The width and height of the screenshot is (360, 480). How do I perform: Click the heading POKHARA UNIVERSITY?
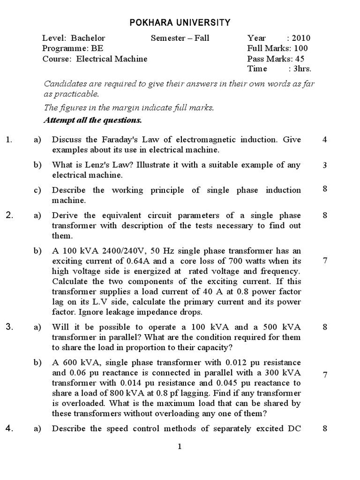(x=180, y=22)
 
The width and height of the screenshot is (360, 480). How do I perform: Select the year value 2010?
(x=301, y=38)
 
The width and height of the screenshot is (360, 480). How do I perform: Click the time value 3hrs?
(x=302, y=69)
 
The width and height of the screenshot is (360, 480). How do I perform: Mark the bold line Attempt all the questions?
(x=93, y=120)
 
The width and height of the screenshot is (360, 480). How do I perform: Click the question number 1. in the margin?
(x=8, y=140)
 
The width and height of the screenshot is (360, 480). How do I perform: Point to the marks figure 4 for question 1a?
(x=325, y=140)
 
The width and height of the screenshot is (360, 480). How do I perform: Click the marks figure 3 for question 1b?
(x=325, y=165)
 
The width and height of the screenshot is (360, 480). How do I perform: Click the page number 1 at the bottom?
(x=180, y=447)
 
